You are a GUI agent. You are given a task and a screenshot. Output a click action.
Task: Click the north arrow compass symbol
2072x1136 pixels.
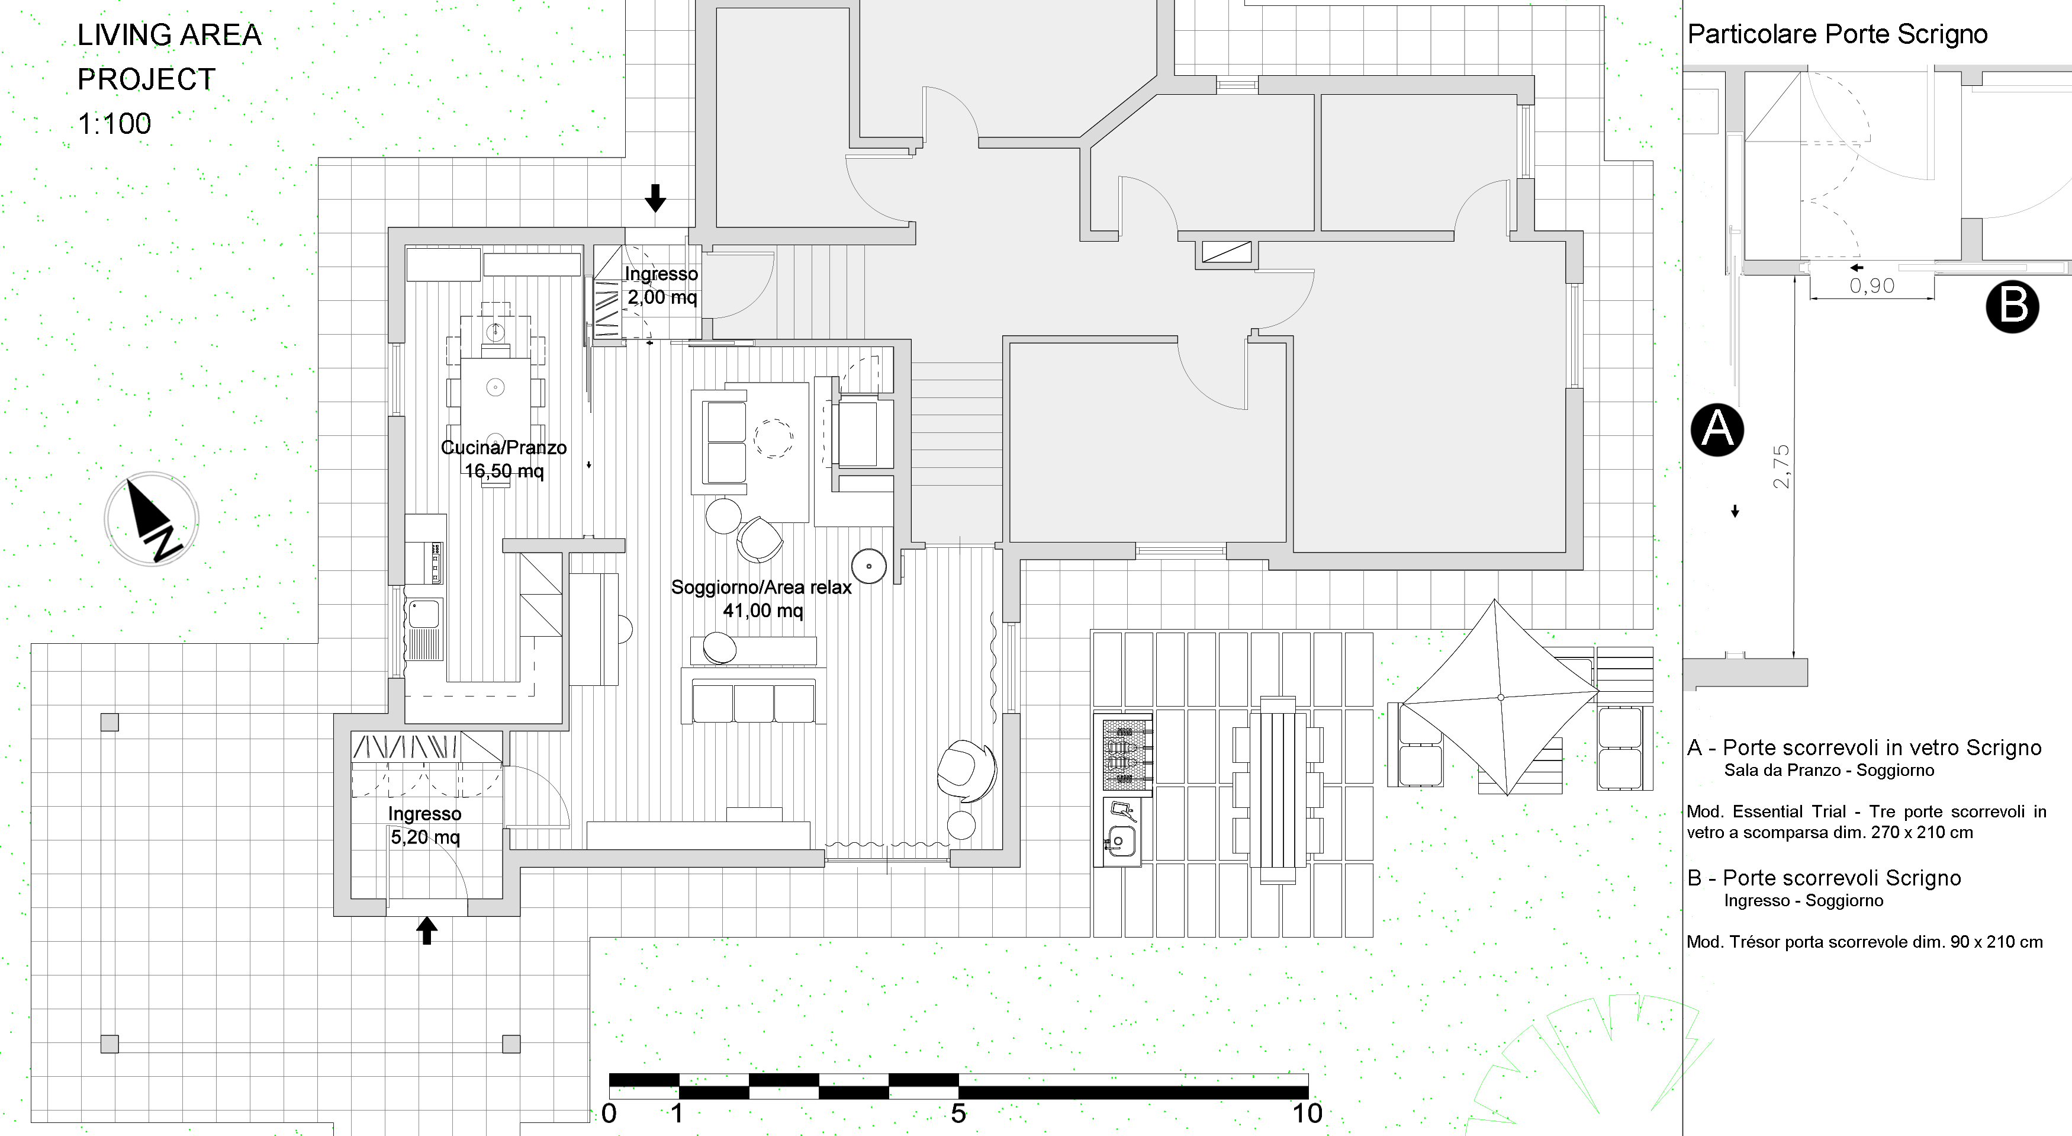[151, 519]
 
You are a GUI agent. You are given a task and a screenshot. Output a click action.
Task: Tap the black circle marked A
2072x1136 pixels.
[1717, 429]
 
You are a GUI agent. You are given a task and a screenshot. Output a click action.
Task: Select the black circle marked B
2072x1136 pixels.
[2012, 307]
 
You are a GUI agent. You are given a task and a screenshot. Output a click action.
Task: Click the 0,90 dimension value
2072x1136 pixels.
[1872, 285]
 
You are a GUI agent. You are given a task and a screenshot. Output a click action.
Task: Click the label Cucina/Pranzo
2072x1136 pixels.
[504, 447]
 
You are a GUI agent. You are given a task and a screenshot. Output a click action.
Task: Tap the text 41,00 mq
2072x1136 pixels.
[762, 611]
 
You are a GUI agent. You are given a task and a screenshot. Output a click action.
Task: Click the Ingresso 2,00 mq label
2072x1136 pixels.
[661, 285]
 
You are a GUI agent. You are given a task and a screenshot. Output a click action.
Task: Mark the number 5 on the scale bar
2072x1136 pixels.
[958, 1113]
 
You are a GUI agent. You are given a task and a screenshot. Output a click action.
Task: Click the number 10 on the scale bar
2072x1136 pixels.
[1307, 1113]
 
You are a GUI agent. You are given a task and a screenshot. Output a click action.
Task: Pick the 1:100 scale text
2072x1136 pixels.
[114, 124]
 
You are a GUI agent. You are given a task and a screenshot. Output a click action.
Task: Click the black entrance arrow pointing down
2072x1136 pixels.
[655, 198]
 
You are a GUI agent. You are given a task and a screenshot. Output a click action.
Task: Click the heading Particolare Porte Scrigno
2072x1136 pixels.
[1837, 34]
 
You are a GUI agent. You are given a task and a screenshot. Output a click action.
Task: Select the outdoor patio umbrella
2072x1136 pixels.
[1500, 697]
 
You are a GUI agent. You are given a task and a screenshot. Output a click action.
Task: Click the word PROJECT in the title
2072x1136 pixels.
[146, 79]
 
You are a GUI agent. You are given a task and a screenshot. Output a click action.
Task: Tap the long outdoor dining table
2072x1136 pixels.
[1278, 790]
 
